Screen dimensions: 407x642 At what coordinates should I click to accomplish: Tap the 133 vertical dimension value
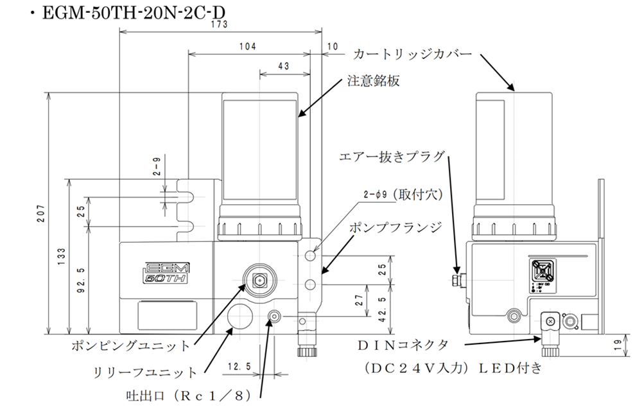click(x=62, y=257)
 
